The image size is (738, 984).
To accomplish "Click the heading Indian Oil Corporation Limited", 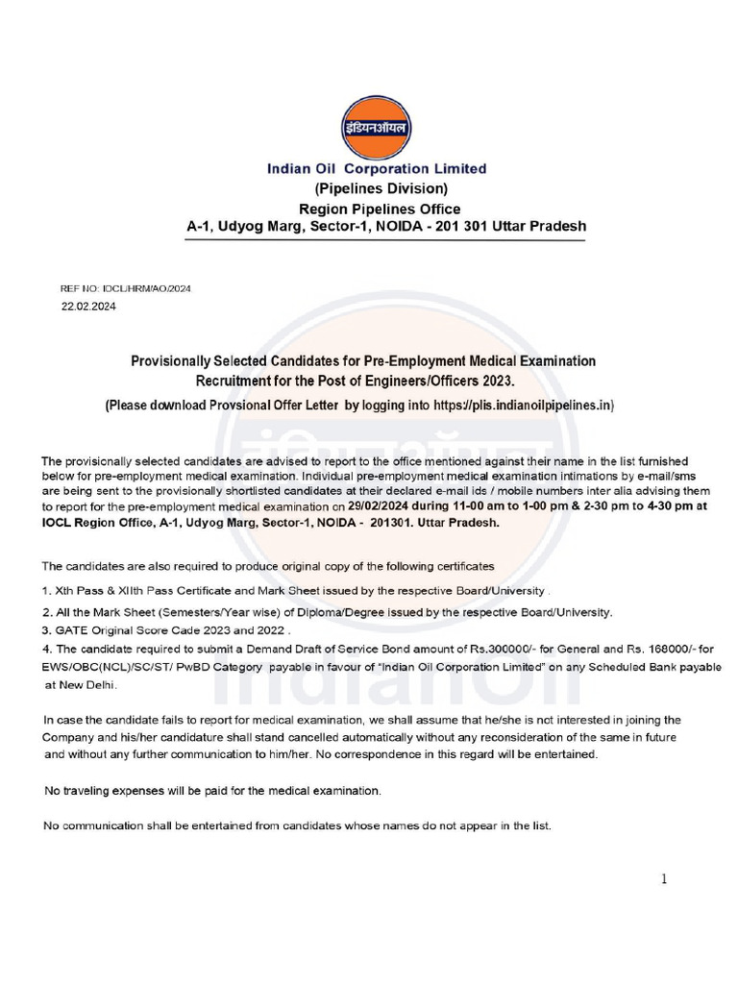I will [377, 169].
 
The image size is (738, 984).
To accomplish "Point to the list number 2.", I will [46, 612].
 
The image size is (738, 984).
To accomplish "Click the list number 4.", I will [46, 649].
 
